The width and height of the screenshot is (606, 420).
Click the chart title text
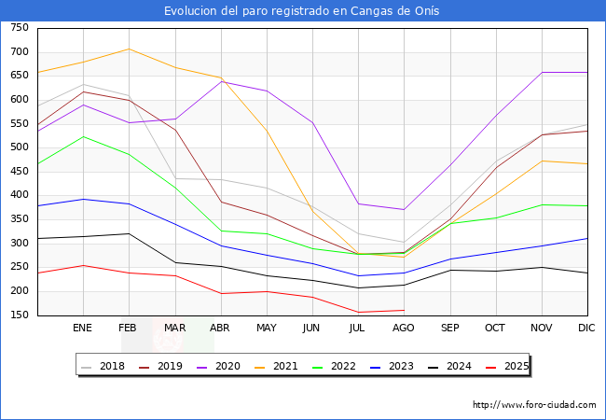pyautogui.click(x=302, y=11)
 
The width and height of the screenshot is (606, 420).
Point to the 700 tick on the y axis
pyautogui.click(x=19, y=52)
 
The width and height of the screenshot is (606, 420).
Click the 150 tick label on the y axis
pyautogui.click(x=19, y=315)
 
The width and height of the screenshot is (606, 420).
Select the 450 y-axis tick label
pyautogui.click(x=19, y=172)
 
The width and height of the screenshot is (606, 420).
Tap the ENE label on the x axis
pyautogui.click(x=83, y=329)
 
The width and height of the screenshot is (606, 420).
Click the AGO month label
pyautogui.click(x=404, y=329)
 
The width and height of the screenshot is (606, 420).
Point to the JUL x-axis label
pyautogui.click(x=358, y=329)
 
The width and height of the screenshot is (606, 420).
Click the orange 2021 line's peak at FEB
pyautogui.click(x=129, y=49)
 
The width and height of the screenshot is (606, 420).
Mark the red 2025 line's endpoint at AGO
pyautogui.click(x=404, y=310)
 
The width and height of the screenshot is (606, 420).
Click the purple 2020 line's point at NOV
pyautogui.click(x=542, y=72)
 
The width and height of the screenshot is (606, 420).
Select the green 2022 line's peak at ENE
pyautogui.click(x=83, y=136)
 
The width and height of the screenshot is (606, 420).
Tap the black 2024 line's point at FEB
pyautogui.click(x=129, y=233)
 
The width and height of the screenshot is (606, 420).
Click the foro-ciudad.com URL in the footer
pyautogui.click(x=534, y=405)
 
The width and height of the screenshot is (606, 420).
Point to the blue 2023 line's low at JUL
pyautogui.click(x=358, y=275)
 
